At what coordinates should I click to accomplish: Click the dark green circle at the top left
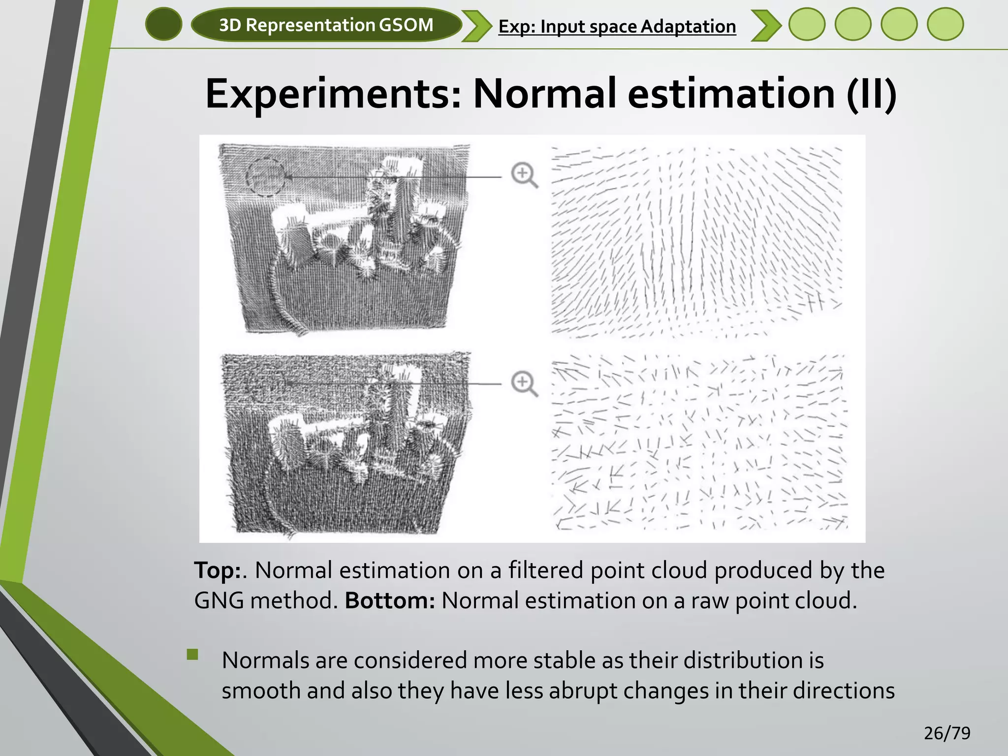pos(164,24)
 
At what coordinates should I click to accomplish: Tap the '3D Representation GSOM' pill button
pos(326,25)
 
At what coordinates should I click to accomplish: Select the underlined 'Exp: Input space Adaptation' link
pos(617,27)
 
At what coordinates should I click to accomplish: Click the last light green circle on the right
pos(945,24)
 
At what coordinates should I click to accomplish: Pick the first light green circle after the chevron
pos(807,24)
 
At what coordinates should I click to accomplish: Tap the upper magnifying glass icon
pos(524,175)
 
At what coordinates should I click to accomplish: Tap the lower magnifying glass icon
pos(524,383)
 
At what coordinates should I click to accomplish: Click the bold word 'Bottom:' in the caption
pos(390,601)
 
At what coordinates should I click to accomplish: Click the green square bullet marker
pos(192,654)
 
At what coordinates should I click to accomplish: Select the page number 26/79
pos(947,733)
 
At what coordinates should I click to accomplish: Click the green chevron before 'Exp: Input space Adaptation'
pos(476,26)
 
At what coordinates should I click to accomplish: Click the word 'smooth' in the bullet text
pos(261,691)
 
